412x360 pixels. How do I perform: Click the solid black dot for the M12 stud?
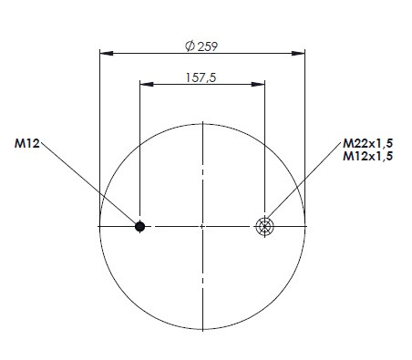[x=139, y=226]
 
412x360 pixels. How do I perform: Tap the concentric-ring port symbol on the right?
[x=264, y=226]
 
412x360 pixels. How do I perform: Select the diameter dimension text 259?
[x=208, y=46]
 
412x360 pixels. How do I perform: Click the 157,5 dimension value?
[x=201, y=77]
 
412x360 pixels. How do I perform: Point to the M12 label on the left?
[x=27, y=143]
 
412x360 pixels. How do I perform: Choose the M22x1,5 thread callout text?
[x=367, y=143]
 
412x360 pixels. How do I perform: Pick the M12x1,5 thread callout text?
[x=367, y=156]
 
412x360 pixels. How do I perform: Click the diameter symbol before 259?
[x=190, y=46]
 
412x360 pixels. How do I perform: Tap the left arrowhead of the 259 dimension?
[x=107, y=54]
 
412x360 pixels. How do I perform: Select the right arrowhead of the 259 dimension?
[x=298, y=54]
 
